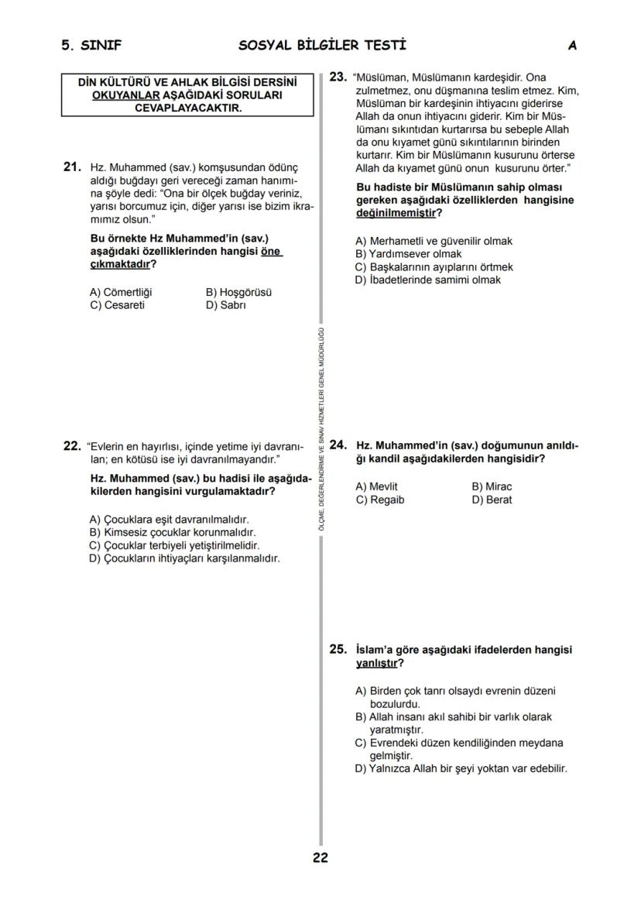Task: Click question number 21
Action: click(72, 167)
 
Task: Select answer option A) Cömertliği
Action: click(121, 292)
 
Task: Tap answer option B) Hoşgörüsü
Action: click(238, 292)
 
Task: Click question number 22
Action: click(71, 446)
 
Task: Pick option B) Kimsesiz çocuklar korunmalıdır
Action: click(172, 532)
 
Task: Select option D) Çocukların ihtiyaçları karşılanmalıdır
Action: click(184, 558)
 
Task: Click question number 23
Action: click(338, 77)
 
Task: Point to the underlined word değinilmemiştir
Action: click(395, 213)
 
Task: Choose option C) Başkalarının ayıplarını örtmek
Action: click(434, 266)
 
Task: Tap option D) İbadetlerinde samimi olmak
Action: click(427, 280)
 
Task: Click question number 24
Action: click(338, 445)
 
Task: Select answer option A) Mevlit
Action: click(376, 486)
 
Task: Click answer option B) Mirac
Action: click(492, 486)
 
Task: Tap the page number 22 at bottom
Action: click(320, 857)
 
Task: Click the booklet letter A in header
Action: click(572, 46)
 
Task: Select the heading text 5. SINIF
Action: click(91, 46)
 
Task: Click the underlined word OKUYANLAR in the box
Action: click(125, 94)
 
